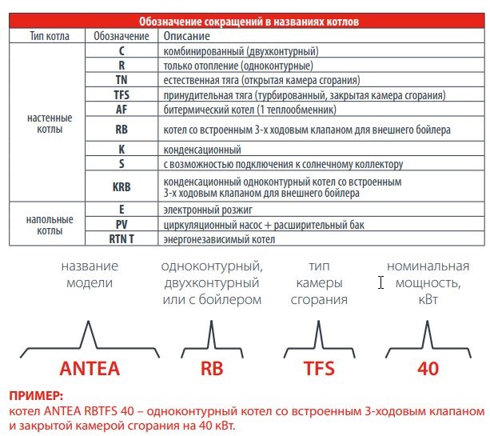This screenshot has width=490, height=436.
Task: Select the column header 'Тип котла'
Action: coord(48,37)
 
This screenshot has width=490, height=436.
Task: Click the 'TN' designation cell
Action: coord(121,80)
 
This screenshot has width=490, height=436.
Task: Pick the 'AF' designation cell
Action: coord(121,109)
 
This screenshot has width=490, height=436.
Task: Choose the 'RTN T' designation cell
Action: coord(121,238)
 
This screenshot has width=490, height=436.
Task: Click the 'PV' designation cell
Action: coord(121,225)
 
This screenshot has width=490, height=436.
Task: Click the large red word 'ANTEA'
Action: coord(90,370)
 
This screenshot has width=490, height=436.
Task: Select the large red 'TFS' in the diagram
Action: coord(318,370)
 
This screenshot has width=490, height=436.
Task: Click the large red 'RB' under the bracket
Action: coord(212,370)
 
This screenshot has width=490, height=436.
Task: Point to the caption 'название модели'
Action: coord(90,274)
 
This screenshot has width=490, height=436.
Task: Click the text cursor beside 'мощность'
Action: coord(381,282)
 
